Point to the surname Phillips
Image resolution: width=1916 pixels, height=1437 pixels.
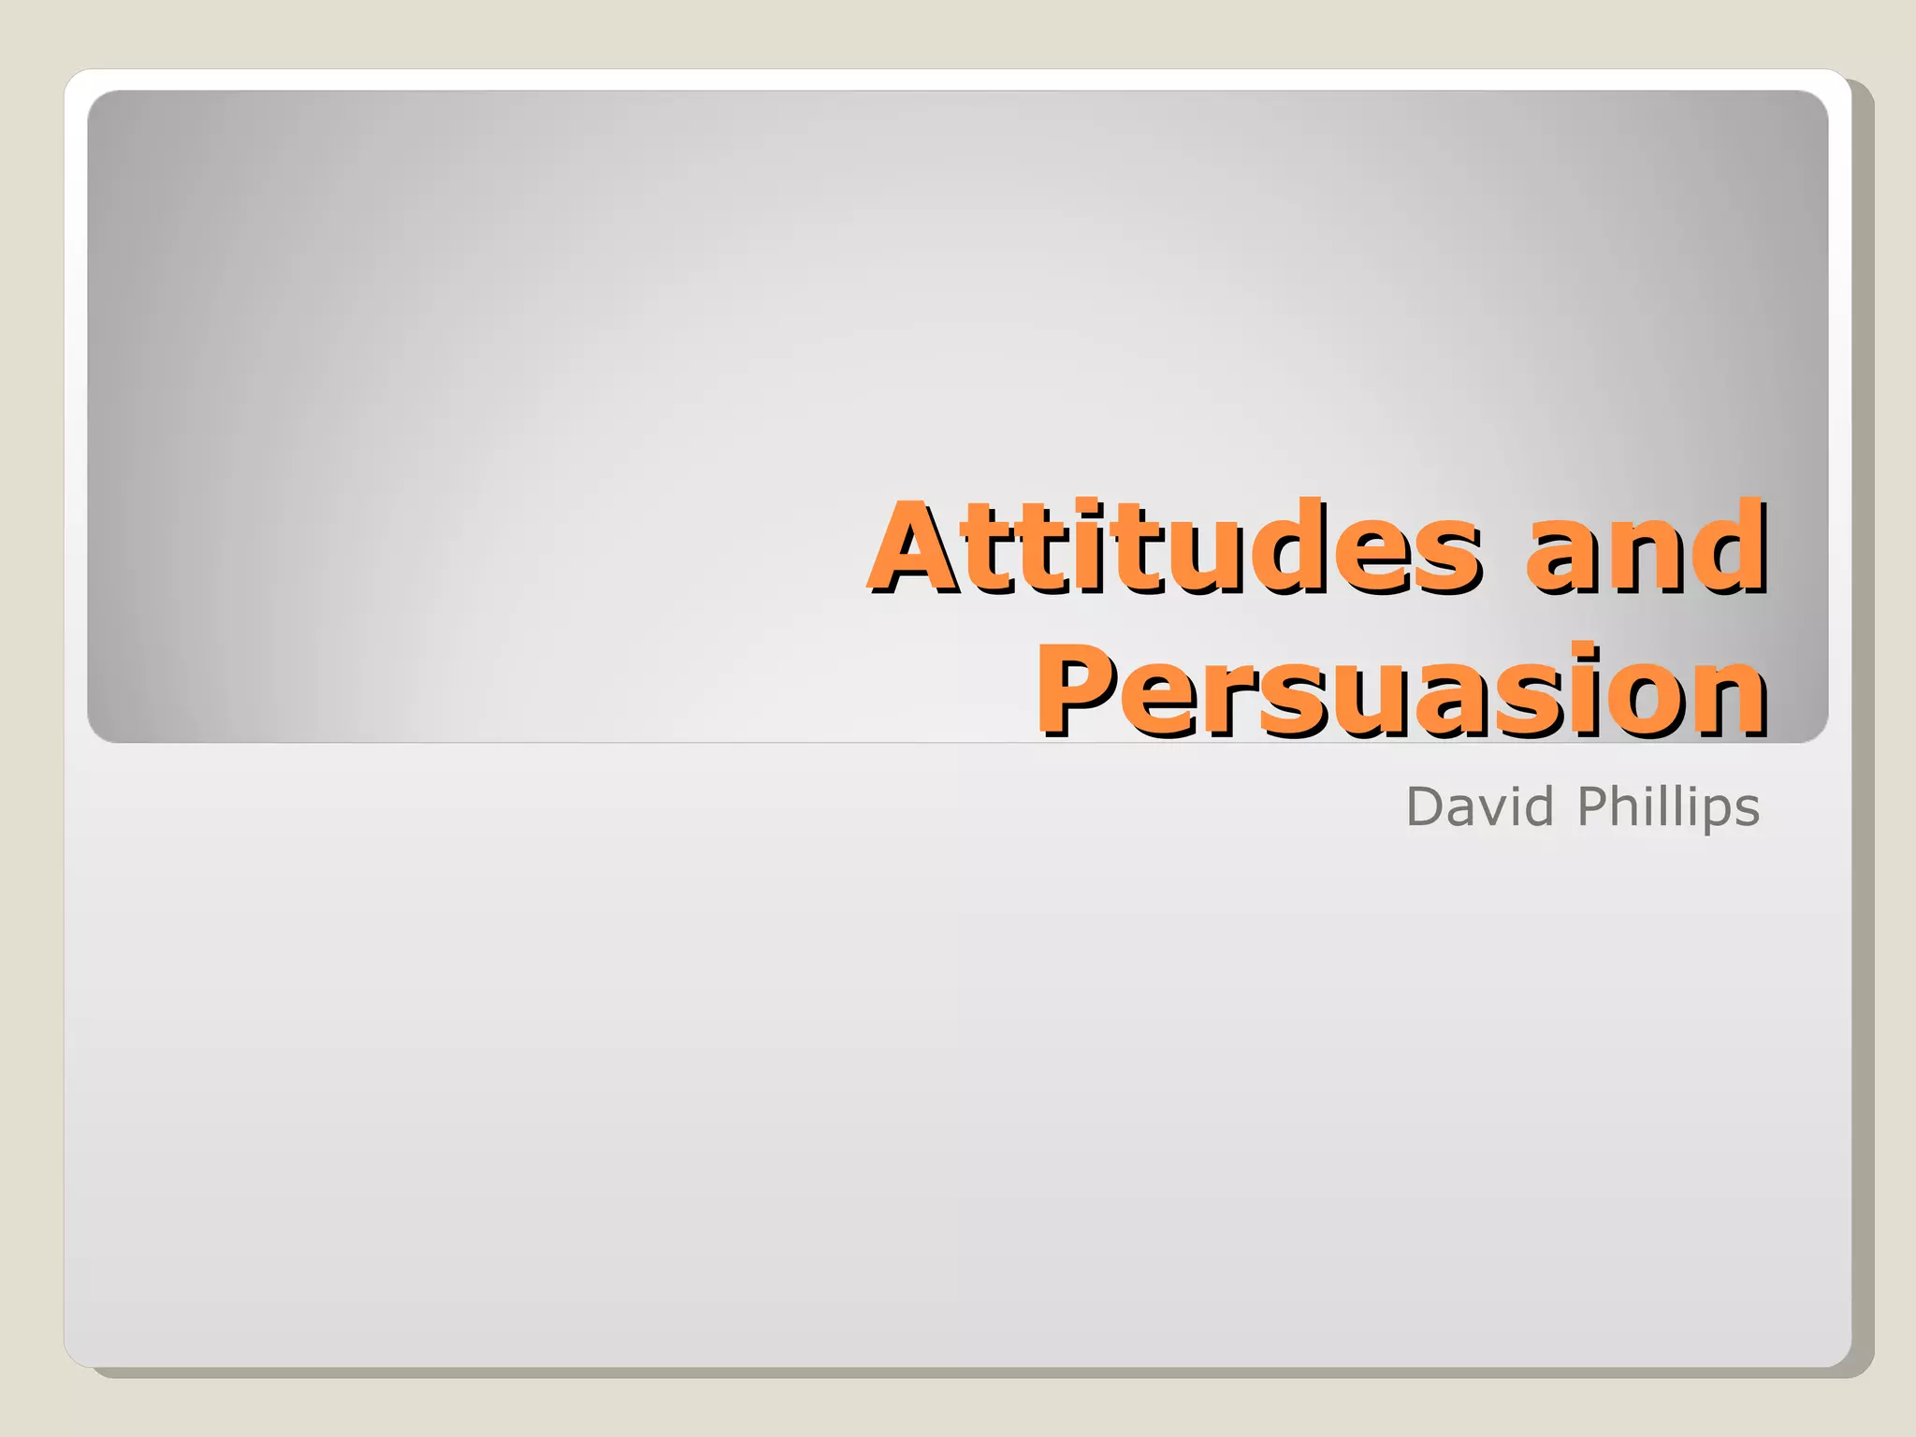tap(1668, 807)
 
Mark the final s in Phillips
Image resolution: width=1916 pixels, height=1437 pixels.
tap(1748, 810)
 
